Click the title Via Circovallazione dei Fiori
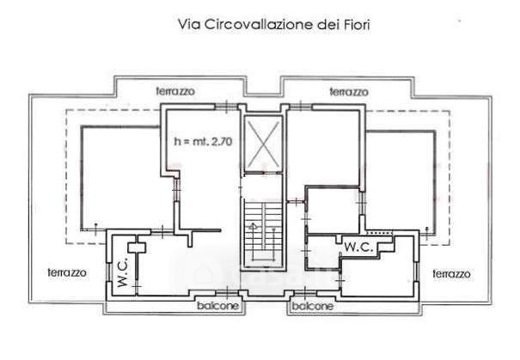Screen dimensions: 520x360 click(273, 25)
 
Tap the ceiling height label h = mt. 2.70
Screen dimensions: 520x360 click(203, 142)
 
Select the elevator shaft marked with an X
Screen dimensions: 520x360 click(263, 143)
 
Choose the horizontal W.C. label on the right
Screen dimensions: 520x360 click(358, 247)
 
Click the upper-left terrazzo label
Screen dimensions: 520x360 click(175, 91)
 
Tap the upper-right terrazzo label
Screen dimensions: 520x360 click(349, 92)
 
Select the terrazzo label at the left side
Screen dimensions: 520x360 click(67, 272)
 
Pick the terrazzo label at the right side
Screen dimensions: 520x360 click(452, 274)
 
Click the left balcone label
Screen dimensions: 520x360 click(217, 305)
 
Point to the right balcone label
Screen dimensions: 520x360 click(312, 306)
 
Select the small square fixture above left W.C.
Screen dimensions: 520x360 click(137, 247)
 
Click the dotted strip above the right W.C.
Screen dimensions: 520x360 click(379, 233)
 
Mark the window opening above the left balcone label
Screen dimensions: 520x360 click(227, 293)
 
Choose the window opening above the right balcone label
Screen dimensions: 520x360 click(305, 293)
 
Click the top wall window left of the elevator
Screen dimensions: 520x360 click(226, 107)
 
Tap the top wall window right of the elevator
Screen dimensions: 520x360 click(301, 107)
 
